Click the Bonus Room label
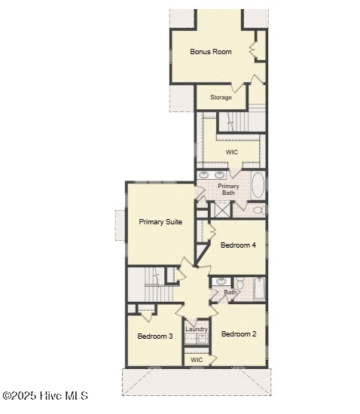click(x=211, y=51)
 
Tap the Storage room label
click(x=221, y=97)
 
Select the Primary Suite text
click(x=160, y=222)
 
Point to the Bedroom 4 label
click(x=238, y=245)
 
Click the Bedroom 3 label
click(x=155, y=336)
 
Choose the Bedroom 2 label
click(x=239, y=334)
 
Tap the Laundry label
click(x=197, y=329)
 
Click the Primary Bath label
click(x=228, y=190)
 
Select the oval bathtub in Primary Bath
click(x=258, y=185)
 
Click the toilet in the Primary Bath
click(x=259, y=210)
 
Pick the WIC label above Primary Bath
click(x=232, y=152)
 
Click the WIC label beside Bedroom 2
click(x=197, y=360)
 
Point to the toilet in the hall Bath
click(x=239, y=283)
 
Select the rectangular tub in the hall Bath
click(x=259, y=288)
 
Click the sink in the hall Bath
click(x=221, y=282)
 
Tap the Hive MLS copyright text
click(x=45, y=396)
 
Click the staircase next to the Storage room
click(x=241, y=122)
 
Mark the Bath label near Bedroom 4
click(x=230, y=292)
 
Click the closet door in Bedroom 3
click(x=147, y=316)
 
